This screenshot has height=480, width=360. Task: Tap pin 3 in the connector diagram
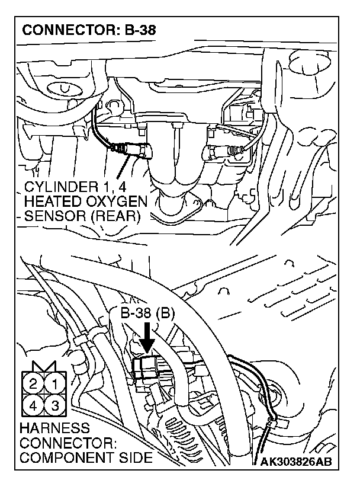tap(55, 405)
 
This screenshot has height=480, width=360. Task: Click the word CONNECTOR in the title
tap(60, 30)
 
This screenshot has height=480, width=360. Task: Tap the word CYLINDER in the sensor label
tap(60, 188)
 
